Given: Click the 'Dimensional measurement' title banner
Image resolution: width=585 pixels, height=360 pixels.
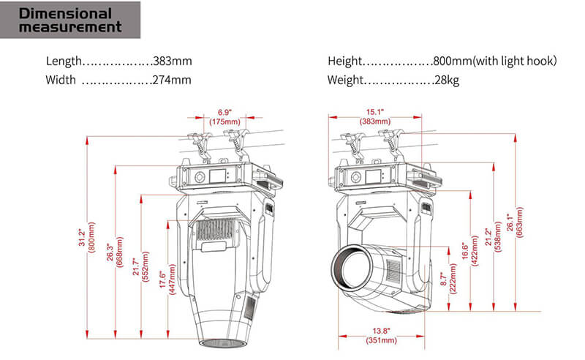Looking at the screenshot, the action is pos(70,20).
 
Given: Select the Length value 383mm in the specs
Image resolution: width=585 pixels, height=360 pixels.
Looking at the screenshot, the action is pos(173,61).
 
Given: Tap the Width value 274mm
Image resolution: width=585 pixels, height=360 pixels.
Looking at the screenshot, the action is pos(172,80).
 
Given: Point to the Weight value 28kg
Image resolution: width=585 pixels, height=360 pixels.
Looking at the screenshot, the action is pos(447,80).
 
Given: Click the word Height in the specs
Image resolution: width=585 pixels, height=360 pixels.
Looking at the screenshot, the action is pos(344,61).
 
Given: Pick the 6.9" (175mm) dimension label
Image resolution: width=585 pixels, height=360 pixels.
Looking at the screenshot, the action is pos(224,117).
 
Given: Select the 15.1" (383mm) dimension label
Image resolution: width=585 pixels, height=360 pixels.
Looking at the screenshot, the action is pos(375,116).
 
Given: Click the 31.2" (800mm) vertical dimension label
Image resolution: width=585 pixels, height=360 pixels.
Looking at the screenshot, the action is pos(86,238).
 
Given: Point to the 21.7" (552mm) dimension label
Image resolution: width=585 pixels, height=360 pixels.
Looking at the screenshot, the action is pos(140,266).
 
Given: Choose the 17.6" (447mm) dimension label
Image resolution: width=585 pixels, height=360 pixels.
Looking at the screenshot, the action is pos(167,280).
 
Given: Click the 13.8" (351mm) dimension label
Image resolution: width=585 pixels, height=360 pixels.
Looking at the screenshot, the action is pos(381,335).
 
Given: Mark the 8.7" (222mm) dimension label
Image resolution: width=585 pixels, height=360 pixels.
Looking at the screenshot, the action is pos(448,279).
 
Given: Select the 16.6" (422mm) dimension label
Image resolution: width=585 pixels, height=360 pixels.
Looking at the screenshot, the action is pos(469,250).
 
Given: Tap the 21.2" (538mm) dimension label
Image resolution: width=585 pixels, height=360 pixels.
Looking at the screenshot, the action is pos(493,237).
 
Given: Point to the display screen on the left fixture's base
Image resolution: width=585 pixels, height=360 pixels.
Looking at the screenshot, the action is pos(217,176).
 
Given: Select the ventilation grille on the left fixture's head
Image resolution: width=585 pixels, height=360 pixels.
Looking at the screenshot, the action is pos(215,229).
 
